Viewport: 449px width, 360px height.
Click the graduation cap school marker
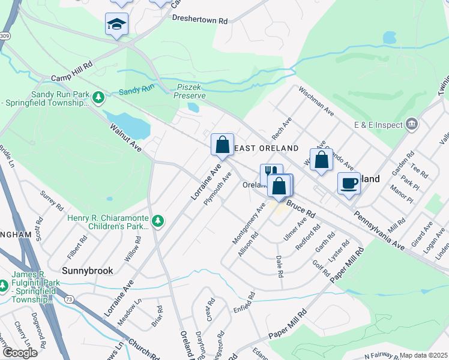coord(116,24)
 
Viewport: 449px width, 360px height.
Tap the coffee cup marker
coord(348,184)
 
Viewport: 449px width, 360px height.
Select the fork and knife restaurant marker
coord(270,174)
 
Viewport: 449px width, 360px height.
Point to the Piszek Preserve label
coord(191,91)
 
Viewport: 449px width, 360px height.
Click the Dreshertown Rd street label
coord(199,20)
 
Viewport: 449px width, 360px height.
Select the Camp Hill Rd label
coord(71,71)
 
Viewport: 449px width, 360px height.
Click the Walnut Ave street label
coord(125,137)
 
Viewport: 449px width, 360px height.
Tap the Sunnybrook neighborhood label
coord(88,271)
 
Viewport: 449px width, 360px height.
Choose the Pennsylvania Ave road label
coord(379,229)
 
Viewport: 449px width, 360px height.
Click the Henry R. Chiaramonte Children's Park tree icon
coord(158,222)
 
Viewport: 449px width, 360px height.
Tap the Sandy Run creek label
coord(136,91)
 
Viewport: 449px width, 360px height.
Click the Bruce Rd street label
coord(300,209)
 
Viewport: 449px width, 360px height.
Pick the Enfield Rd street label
coord(244,303)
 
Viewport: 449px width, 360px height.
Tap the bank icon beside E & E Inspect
coord(412,125)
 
